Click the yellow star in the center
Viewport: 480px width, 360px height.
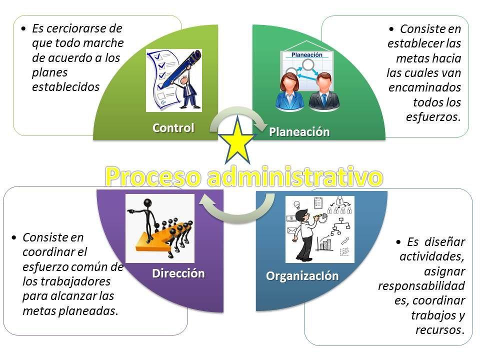237,141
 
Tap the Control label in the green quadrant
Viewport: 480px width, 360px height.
173,127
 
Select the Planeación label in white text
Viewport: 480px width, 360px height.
299,132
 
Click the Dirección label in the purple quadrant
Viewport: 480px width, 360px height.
178,273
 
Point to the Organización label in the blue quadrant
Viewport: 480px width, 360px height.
302,276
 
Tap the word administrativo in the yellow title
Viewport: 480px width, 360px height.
295,176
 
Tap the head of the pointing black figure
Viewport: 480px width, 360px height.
148,203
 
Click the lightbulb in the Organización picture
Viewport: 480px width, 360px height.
296,204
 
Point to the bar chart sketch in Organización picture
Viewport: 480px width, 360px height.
325,243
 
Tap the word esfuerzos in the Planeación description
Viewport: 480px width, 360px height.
433,117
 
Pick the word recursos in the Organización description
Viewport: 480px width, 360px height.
439,330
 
